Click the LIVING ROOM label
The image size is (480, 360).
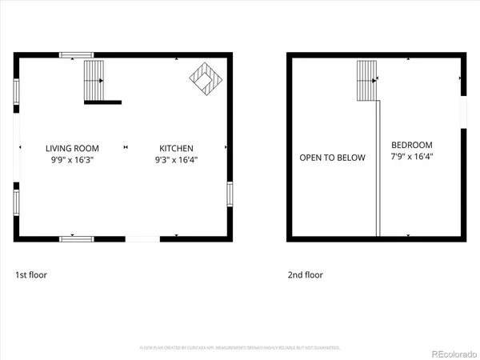(72, 148)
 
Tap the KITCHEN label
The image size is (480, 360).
(176, 148)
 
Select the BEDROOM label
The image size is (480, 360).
(412, 145)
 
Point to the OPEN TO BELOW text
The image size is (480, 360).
(332, 158)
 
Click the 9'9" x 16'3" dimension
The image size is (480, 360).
(72, 160)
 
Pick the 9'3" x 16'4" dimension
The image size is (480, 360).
(176, 160)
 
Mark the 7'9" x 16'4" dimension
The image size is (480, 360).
(412, 157)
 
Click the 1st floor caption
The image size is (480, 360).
(31, 275)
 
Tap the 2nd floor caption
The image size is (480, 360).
(306, 275)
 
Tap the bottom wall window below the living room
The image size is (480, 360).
(77, 238)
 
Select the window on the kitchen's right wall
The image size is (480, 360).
(230, 194)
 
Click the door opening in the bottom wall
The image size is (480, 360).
(142, 238)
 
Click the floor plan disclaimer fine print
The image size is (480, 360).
(240, 348)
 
